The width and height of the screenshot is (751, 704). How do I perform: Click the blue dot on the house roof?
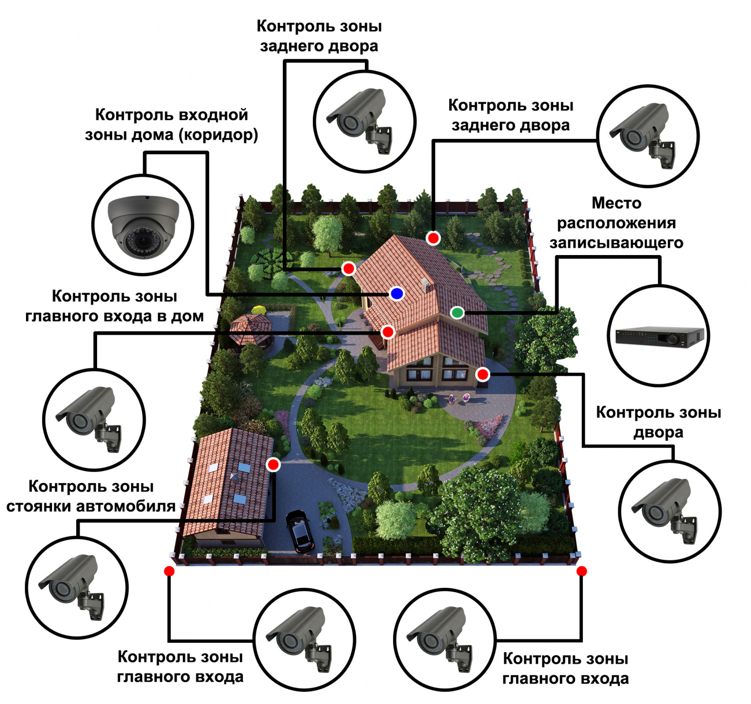[397, 294]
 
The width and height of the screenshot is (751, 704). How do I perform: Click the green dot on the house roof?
[457, 313]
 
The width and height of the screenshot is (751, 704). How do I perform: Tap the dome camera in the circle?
[143, 225]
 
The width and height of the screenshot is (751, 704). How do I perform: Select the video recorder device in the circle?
[659, 336]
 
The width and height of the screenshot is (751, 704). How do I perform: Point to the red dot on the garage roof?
[273, 464]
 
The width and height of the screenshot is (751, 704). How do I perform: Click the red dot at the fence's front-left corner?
[169, 571]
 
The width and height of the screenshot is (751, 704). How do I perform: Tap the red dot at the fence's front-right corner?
[581, 571]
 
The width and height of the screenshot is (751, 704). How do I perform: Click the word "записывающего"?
[616, 243]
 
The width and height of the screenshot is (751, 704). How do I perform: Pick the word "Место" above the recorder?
[616, 203]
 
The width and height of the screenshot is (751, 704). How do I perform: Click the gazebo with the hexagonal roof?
[250, 328]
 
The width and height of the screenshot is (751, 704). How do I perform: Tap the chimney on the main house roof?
[426, 285]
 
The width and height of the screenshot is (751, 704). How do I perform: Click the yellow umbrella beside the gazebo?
[259, 309]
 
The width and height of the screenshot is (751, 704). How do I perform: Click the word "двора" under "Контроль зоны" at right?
[658, 432]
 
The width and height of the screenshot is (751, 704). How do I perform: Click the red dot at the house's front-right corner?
[483, 374]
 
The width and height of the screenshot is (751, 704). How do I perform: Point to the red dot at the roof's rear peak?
[433, 238]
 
